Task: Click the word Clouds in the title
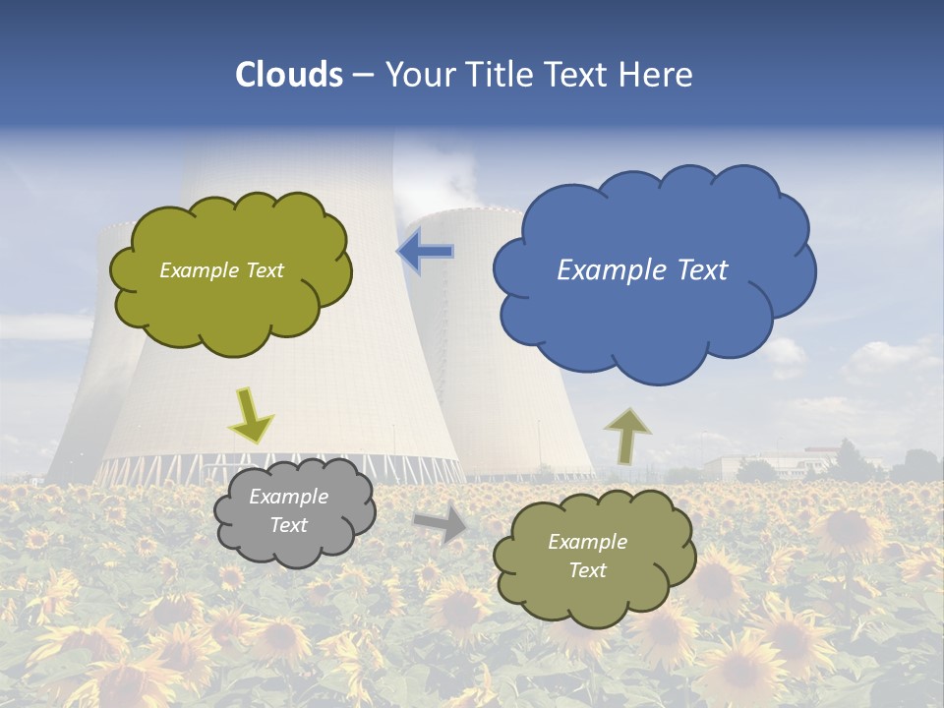point(289,75)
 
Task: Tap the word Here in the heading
point(659,75)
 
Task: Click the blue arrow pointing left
point(426,252)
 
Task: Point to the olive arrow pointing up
point(626,435)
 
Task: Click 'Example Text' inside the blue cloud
point(642,270)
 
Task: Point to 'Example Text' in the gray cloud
point(289,511)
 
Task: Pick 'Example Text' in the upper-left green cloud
point(222,270)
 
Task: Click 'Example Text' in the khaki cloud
point(587,556)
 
